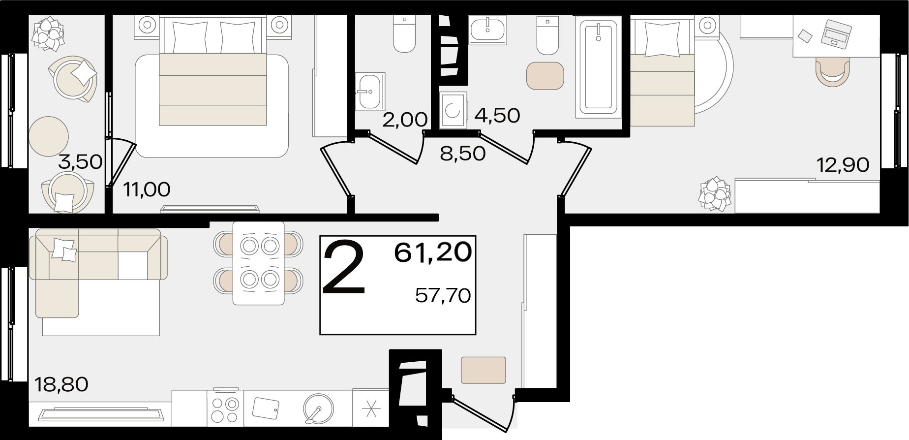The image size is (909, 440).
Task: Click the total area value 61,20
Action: [x=433, y=252]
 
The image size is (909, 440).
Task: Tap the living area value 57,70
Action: [x=443, y=295]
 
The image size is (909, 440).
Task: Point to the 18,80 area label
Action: [x=61, y=384]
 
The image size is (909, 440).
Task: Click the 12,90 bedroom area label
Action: [x=843, y=165]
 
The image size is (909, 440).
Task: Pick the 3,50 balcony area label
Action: [x=80, y=161]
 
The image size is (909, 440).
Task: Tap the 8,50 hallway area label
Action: [x=463, y=154]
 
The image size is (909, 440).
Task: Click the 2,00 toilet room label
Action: [x=405, y=120]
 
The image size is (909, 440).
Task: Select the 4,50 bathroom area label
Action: [x=497, y=116]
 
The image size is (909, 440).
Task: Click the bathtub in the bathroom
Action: [x=599, y=66]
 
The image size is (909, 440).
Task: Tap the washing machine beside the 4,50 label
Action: [x=453, y=110]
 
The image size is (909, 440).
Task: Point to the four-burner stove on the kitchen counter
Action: [x=225, y=408]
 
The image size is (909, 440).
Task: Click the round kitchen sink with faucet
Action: [x=318, y=409]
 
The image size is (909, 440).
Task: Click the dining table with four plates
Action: [x=258, y=263]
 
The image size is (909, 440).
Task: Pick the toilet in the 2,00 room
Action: [x=404, y=34]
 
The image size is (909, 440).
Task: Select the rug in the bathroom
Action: [x=545, y=76]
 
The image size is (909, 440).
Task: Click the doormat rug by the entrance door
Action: [x=484, y=370]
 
